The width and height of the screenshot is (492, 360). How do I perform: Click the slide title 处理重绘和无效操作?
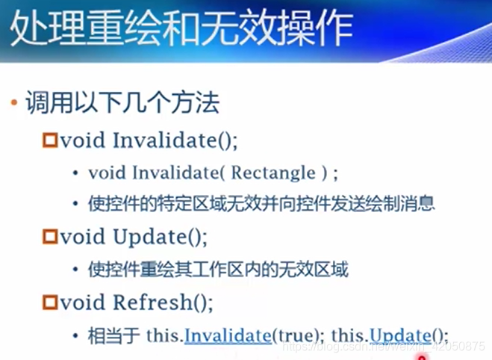point(182,28)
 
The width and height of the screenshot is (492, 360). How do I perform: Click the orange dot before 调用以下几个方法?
point(13,102)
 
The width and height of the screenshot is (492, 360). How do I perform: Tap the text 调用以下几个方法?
point(122,102)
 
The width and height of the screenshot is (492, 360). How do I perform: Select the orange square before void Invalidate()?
point(50,140)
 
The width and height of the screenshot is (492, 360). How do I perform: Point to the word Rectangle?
point(273,173)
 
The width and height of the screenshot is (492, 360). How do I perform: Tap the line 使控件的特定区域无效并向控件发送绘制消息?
point(261,204)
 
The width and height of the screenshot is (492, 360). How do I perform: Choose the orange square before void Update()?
point(50,237)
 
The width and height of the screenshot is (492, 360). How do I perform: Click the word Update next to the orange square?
point(150,237)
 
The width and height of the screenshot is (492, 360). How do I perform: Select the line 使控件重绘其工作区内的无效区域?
point(219,270)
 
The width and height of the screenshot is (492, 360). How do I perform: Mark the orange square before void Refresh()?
point(50,302)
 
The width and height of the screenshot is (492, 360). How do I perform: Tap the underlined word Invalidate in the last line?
point(228,335)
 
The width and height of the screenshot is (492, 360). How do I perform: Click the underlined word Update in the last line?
point(400,336)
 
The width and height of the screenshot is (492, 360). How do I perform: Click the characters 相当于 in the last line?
point(114,335)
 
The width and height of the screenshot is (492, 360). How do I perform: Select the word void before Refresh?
point(83,302)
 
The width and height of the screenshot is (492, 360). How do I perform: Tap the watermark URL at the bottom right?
point(384,347)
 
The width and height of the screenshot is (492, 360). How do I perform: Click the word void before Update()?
point(83,237)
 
